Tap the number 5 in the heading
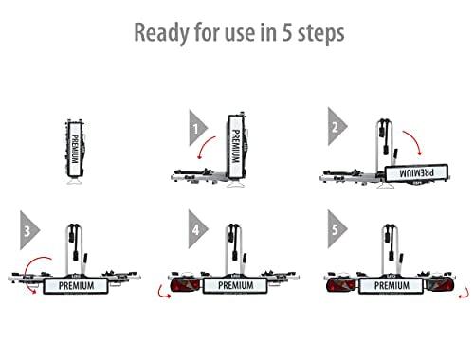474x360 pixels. tap(286, 32)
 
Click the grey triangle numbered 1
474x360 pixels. tap(198, 128)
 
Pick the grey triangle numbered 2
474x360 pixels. tap(337, 126)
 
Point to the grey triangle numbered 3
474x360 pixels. tap(29, 230)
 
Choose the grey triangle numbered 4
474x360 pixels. tap(197, 229)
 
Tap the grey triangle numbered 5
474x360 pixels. tap(337, 229)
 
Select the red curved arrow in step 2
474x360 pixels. tap(414, 139)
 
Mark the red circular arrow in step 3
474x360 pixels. tap(27, 272)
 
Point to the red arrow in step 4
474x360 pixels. tap(162, 293)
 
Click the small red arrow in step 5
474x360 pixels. tap(465, 294)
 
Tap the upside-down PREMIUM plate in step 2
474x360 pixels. tap(416, 172)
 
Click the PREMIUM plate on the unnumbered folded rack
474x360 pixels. tap(75, 149)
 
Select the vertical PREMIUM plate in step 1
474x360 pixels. tap(236, 147)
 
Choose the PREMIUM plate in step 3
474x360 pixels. tap(76, 286)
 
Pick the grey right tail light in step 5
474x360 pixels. tap(439, 285)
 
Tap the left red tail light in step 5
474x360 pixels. tap(341, 285)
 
